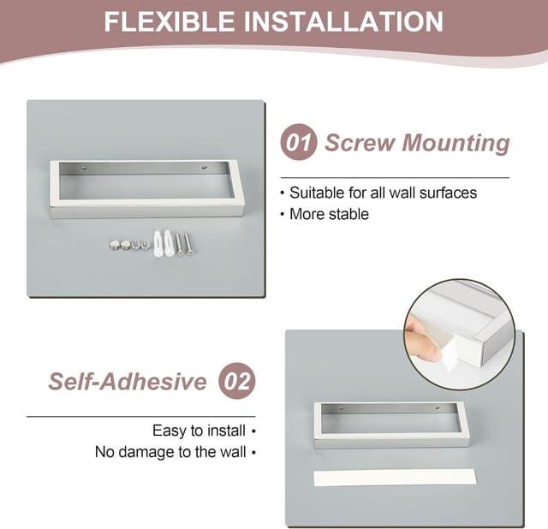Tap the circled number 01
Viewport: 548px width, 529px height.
click(x=299, y=142)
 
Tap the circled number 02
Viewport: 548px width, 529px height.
click(x=237, y=380)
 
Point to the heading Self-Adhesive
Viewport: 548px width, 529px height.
click(x=128, y=381)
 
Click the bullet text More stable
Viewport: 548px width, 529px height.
click(x=329, y=214)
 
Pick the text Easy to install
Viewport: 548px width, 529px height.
click(x=199, y=431)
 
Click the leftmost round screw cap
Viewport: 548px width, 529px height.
click(x=115, y=245)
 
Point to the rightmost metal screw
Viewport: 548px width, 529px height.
click(x=188, y=243)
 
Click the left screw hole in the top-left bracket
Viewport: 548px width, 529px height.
click(x=84, y=169)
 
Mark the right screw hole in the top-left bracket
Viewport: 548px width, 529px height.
click(x=203, y=169)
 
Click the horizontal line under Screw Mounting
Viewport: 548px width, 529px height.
click(x=395, y=177)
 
